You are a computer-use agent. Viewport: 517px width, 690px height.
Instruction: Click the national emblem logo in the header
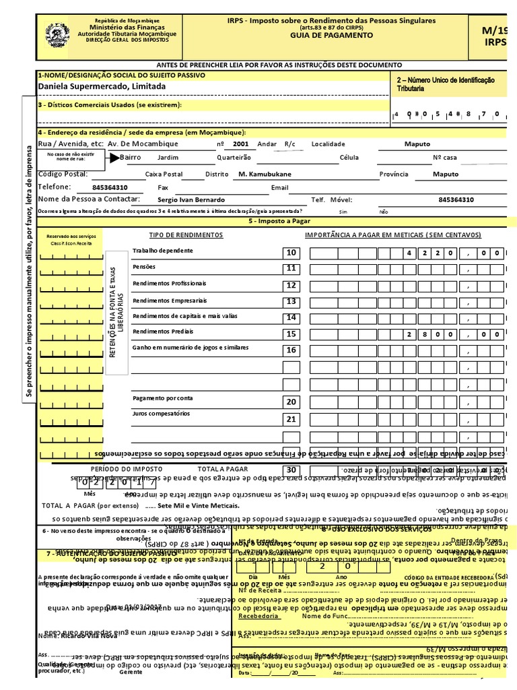click(x=57, y=34)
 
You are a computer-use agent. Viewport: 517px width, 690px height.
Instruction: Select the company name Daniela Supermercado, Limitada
click(x=102, y=87)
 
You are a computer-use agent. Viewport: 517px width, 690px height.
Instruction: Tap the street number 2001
click(x=240, y=144)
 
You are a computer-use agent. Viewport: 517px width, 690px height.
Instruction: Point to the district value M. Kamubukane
click(x=265, y=174)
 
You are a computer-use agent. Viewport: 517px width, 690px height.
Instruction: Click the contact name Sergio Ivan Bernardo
click(x=192, y=200)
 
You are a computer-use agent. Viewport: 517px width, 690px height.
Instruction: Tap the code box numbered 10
click(x=291, y=253)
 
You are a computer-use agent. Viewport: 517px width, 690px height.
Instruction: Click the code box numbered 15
click(x=291, y=334)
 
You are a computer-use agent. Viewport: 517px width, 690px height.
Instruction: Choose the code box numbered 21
click(x=291, y=419)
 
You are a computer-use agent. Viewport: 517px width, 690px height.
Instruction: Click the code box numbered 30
click(x=291, y=470)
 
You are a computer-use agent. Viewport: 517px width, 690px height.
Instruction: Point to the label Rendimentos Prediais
click(x=163, y=332)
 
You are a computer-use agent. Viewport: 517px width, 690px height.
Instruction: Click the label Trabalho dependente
click(x=163, y=251)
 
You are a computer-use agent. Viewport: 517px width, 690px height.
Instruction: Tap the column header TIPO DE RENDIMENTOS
click(x=186, y=235)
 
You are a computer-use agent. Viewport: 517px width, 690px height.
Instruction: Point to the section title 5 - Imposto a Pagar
click(x=279, y=221)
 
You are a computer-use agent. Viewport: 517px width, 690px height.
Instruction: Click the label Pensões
click(x=144, y=267)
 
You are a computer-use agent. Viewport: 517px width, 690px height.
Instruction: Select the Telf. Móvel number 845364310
click(x=456, y=200)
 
